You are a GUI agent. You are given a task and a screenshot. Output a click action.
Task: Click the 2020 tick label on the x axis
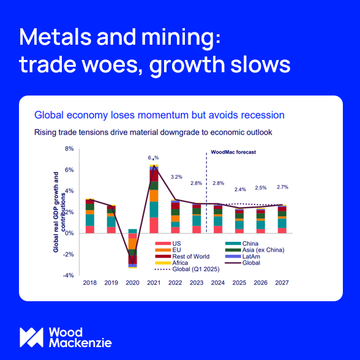coord(133,283)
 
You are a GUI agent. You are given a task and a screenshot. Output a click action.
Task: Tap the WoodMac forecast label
coord(233,151)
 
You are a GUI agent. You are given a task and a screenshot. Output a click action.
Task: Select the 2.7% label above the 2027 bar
coord(282,186)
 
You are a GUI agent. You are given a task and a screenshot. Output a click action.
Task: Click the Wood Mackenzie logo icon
coord(31,336)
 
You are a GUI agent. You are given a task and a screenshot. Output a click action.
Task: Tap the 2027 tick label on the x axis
coord(282,283)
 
